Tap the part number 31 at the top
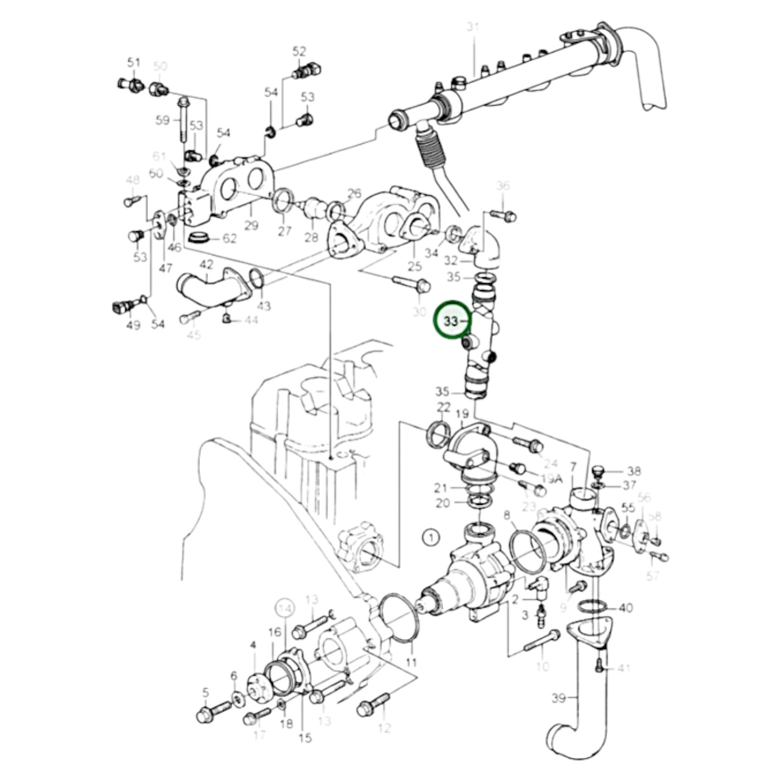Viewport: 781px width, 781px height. [x=473, y=28]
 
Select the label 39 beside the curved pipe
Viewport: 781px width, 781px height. [x=559, y=698]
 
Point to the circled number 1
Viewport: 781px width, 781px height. [x=430, y=537]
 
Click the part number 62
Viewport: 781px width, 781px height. [x=230, y=238]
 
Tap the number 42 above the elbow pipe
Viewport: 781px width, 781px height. [x=207, y=265]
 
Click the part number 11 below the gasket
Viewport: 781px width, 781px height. [x=411, y=662]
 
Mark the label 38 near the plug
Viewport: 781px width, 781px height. [x=634, y=471]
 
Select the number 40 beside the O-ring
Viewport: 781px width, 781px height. [x=625, y=608]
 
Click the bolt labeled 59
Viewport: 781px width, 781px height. [x=182, y=118]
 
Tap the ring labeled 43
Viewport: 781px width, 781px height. [x=258, y=279]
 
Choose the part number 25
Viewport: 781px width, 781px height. [x=415, y=266]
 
